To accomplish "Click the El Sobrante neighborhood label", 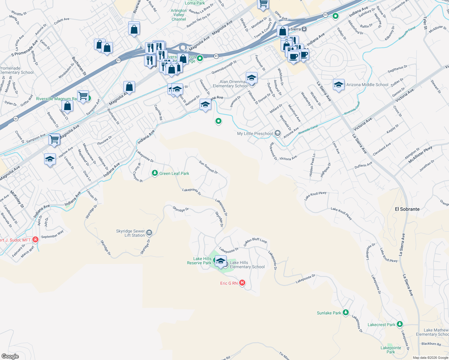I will click(407, 209).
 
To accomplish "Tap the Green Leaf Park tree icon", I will click(155, 173).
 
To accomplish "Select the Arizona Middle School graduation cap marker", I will click(339, 85).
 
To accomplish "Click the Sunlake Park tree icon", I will click(345, 313).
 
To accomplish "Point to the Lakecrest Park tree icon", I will click(399, 324).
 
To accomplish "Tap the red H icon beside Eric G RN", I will click(242, 283).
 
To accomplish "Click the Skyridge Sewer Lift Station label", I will click(131, 233).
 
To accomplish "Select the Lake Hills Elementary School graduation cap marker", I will click(221, 261).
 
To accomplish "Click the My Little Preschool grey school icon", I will click(278, 133).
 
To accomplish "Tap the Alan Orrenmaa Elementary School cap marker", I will click(251, 78).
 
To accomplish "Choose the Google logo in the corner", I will click(10, 356).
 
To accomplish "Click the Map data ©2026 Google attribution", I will click(430, 358).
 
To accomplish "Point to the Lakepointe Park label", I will click(391, 350).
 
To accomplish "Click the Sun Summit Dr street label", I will click(208, 167).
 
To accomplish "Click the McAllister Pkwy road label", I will click(420, 155).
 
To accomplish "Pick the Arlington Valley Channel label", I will click(179, 15).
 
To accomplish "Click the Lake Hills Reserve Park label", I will click(199, 261).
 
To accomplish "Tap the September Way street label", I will click(52, 234).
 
